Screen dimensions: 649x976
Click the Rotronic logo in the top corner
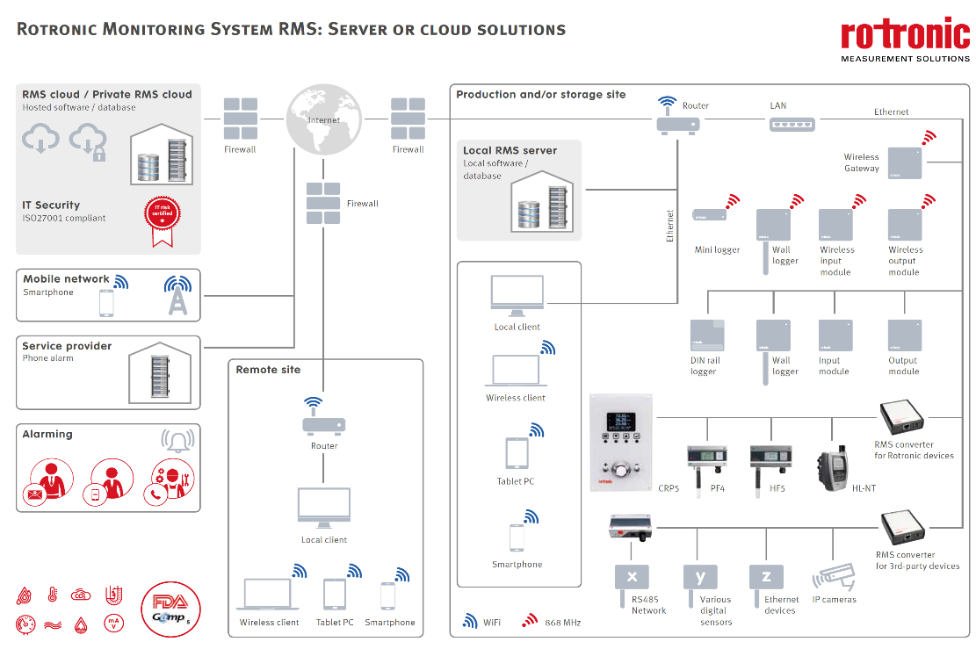pos(905,40)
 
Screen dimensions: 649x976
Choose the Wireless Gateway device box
pos(905,162)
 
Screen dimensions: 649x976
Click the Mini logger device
pos(709,215)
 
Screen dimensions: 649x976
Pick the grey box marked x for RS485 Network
pos(632,576)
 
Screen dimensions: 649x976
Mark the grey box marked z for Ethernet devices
pos(766,576)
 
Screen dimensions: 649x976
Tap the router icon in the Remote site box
pos(323,424)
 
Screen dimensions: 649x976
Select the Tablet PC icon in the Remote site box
pos(335,595)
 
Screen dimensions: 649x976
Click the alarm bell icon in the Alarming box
pos(178,440)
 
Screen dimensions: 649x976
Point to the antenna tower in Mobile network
pos(177,297)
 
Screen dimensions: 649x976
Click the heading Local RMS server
pos(510,150)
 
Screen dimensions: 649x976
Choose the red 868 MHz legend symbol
pos(530,621)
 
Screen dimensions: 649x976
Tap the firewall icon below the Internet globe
pos(323,203)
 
